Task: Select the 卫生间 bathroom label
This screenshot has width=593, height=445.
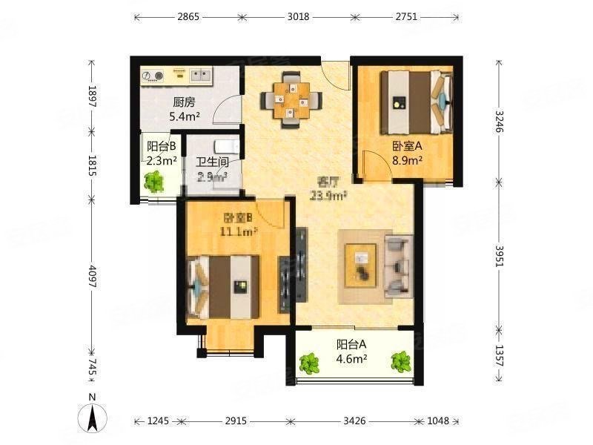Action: click(211, 162)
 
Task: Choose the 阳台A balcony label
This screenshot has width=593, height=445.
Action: click(352, 345)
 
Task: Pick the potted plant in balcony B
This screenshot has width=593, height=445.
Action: click(155, 180)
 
